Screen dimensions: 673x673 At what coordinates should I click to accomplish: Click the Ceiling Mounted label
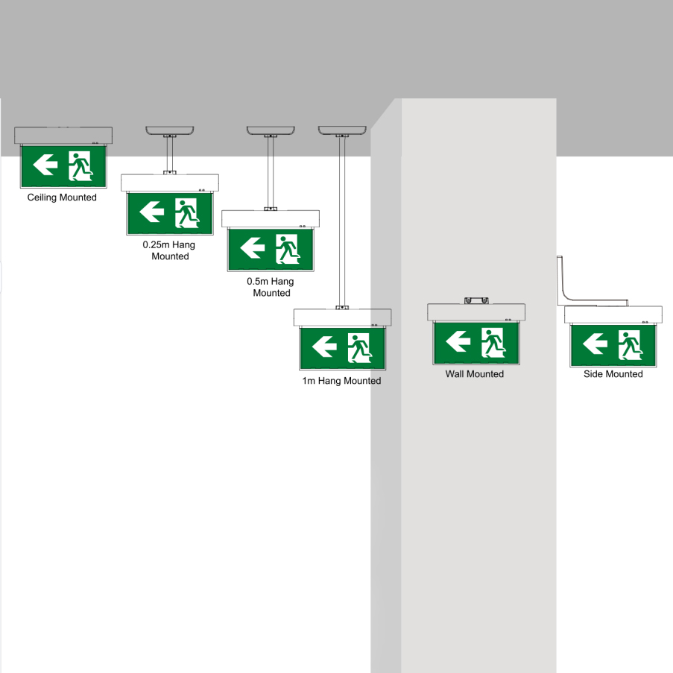coord(62,198)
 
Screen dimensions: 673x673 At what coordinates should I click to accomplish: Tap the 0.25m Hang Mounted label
coord(170,250)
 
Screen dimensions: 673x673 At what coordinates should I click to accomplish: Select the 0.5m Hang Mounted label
coord(271,287)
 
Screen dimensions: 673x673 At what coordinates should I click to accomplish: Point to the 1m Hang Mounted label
coord(341,381)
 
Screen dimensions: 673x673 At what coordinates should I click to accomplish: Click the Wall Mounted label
coord(474,374)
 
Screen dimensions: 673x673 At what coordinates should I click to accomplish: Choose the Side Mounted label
coord(613,374)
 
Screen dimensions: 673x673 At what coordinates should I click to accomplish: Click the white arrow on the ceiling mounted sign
coord(45,165)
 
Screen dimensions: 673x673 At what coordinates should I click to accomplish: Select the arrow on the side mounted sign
coord(595,344)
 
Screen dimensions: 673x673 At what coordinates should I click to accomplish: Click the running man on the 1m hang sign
coord(358,347)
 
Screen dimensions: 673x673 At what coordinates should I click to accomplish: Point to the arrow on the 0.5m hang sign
coord(253,247)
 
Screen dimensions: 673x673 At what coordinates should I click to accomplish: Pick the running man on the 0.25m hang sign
coord(186,212)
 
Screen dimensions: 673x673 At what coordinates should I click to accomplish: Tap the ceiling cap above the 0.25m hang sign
coord(170,130)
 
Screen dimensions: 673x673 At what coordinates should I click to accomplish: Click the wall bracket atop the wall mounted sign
coord(475,300)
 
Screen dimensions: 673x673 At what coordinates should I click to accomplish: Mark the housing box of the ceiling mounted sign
coord(63,136)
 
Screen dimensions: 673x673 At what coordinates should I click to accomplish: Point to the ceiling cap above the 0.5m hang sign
coord(271,130)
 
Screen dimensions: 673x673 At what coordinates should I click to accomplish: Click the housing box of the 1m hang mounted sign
coord(342,317)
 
